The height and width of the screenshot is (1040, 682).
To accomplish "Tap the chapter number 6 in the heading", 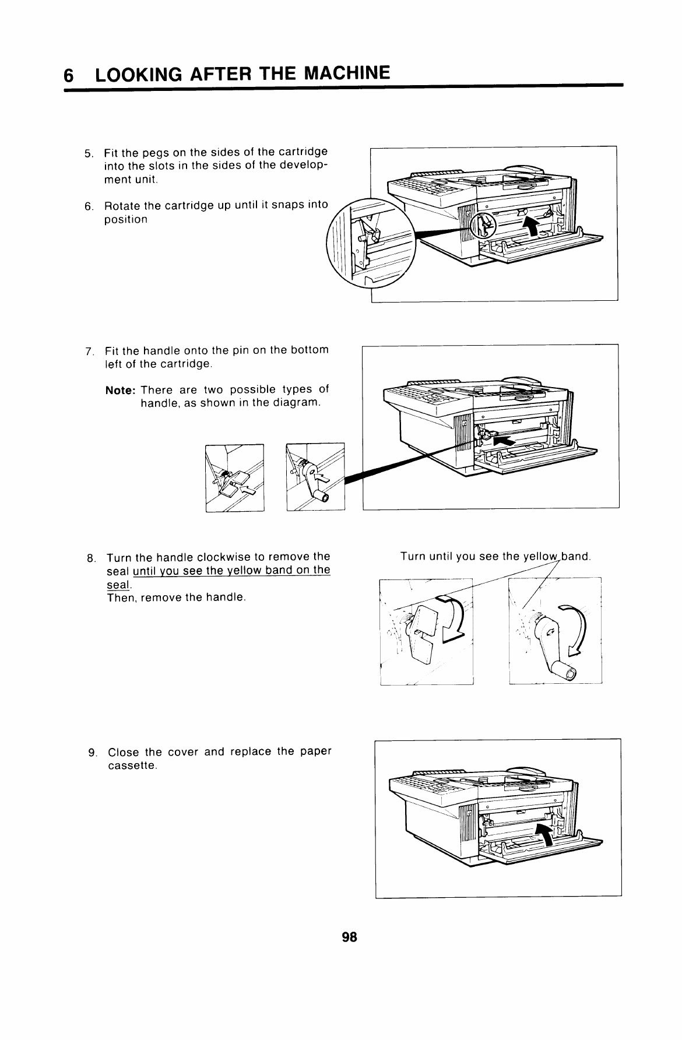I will pyautogui.click(x=69, y=76).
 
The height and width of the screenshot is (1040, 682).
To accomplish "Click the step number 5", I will pyautogui.click(x=88, y=154).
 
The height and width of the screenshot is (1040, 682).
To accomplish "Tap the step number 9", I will pyautogui.click(x=92, y=753).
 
